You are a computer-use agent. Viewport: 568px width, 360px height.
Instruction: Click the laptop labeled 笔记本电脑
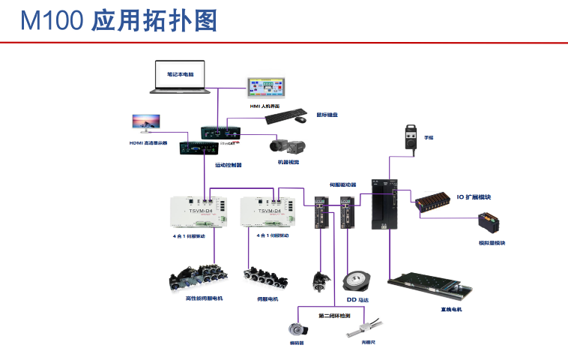pyautogui.click(x=180, y=77)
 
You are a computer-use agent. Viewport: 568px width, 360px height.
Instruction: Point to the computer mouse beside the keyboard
pyautogui.click(x=300, y=118)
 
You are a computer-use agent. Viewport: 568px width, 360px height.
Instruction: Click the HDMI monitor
pyautogui.click(x=146, y=124)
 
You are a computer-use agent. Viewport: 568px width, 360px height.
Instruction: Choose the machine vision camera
pyautogui.click(x=285, y=147)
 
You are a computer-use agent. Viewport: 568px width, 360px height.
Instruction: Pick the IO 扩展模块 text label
pyautogui.click(x=474, y=198)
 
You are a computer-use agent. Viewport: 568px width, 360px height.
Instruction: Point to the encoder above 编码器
pyautogui.click(x=296, y=328)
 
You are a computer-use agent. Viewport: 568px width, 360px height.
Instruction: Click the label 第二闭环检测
pyautogui.click(x=335, y=315)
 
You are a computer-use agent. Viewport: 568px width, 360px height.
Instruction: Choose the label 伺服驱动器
pyautogui.click(x=342, y=184)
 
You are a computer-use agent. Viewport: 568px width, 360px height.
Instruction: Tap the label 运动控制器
pyautogui.click(x=229, y=165)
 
